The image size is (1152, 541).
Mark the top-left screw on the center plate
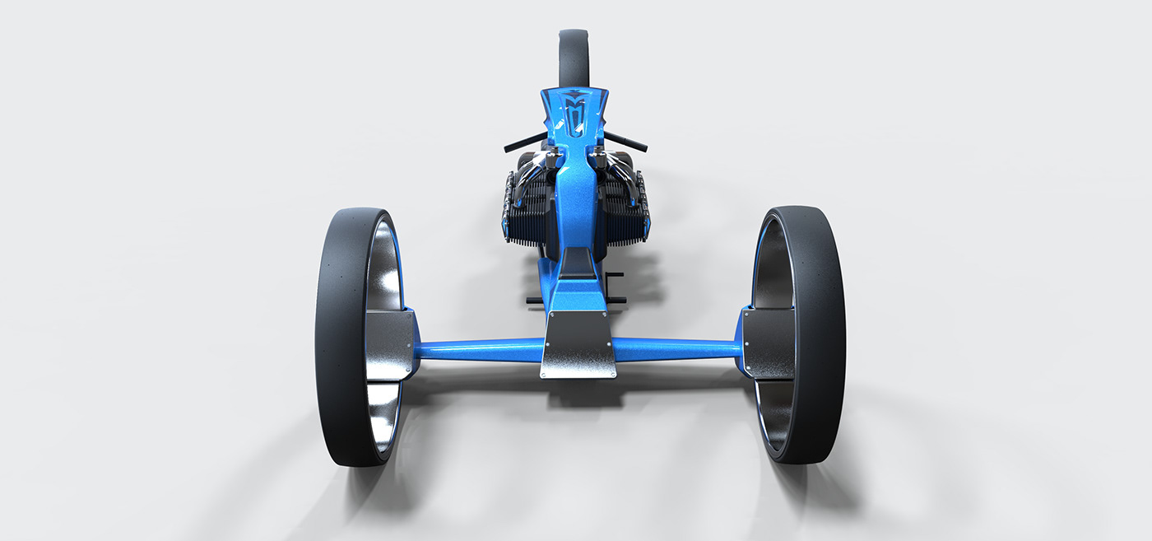pyautogui.click(x=551, y=315)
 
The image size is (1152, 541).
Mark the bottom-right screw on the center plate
pyautogui.click(x=612, y=373)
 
